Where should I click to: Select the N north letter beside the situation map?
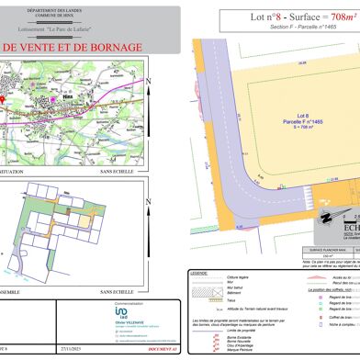click(x=149, y=81)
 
